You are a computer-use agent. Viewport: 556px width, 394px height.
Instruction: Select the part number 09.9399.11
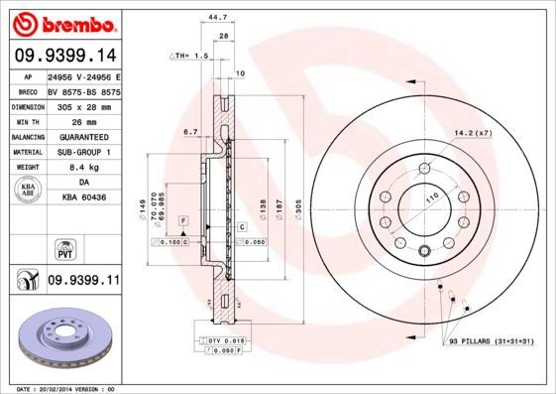pyautogui.click(x=83, y=281)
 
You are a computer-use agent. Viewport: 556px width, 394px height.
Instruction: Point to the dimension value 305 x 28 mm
pyautogui.click(x=83, y=104)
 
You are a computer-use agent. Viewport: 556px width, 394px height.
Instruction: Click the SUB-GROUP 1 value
pyautogui.click(x=83, y=152)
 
